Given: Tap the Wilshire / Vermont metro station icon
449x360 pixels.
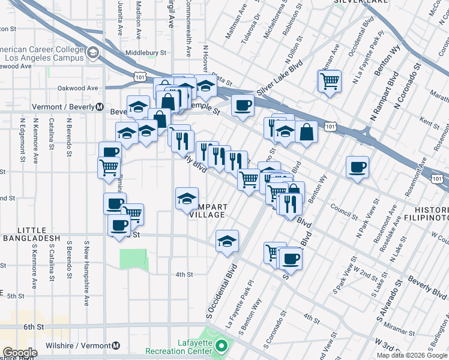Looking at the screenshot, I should [x=116, y=346].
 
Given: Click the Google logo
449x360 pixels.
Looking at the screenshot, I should [x=19, y=353].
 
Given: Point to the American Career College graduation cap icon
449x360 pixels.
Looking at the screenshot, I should [x=93, y=53].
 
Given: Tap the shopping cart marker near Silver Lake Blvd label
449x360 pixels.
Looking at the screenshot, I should [x=329, y=80].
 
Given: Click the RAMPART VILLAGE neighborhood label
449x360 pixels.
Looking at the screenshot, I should [x=207, y=210].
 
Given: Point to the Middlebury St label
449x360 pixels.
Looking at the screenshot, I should [x=146, y=53].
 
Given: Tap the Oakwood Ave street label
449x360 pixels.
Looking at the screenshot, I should [x=77, y=88].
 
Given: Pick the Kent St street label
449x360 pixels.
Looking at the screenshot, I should [x=430, y=123].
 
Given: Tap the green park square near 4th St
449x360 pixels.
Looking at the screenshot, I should [x=133, y=259].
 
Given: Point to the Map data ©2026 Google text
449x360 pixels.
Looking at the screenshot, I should [x=412, y=355].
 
